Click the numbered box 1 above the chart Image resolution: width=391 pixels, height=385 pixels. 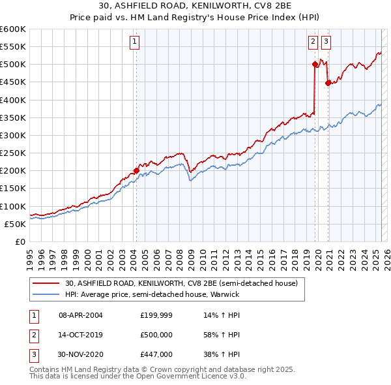point(134,42)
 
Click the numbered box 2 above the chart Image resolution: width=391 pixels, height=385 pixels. point(313,42)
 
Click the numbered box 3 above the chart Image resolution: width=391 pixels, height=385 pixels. point(325,42)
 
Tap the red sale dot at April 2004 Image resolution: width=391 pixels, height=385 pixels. point(136,171)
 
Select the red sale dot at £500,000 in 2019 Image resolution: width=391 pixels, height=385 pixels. point(315,64)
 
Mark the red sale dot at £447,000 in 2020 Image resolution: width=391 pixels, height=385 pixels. point(328,83)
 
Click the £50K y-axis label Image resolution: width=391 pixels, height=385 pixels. point(16,224)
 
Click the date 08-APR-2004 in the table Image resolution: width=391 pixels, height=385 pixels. point(81,315)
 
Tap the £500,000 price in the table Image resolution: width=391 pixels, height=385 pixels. point(156,335)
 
